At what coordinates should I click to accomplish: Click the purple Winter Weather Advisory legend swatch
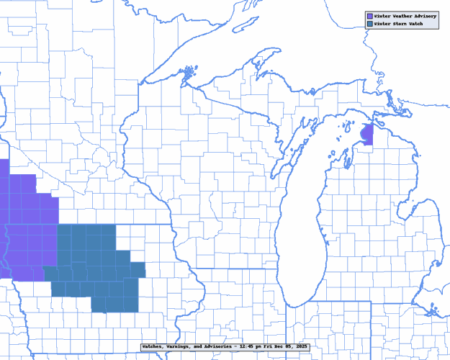[x=369, y=15]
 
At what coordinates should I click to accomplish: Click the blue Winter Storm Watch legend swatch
[x=369, y=24]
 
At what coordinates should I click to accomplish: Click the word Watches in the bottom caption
[x=154, y=347]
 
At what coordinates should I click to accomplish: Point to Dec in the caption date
[x=279, y=347]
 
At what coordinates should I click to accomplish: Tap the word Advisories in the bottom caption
[x=219, y=347]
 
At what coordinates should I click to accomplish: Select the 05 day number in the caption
[x=288, y=347]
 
